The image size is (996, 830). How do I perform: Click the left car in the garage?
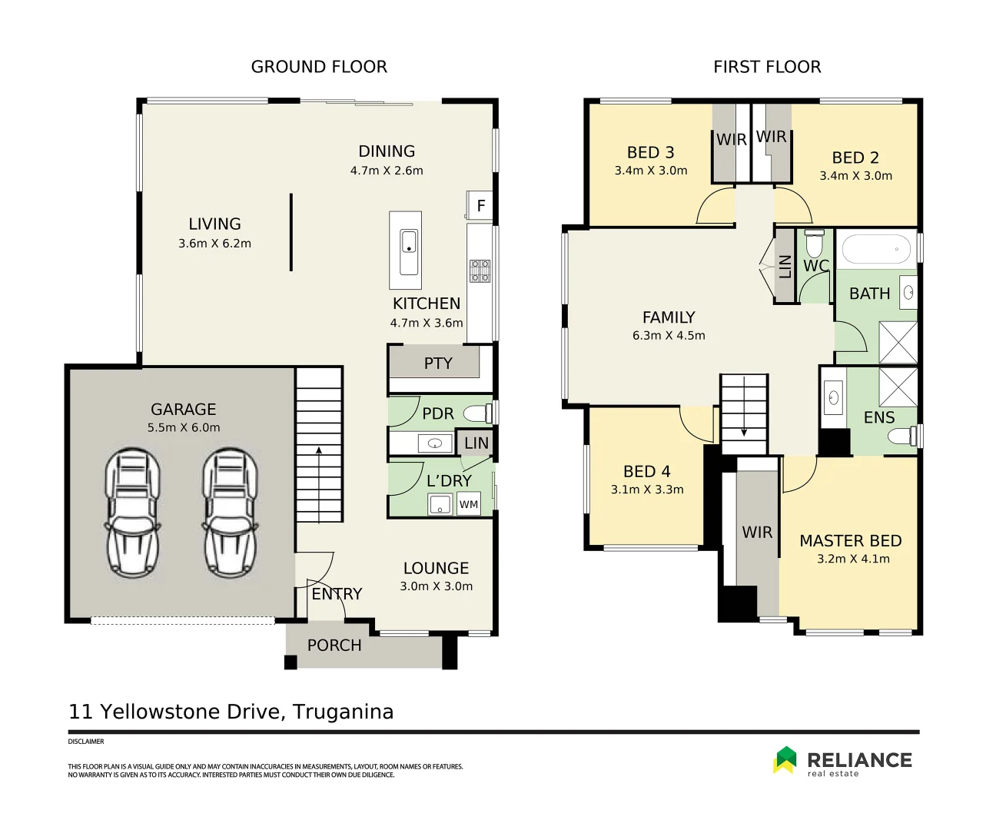click(x=133, y=513)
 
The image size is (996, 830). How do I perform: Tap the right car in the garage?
click(x=230, y=513)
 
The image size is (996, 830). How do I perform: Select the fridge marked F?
click(x=480, y=206)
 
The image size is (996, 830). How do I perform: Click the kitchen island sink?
click(x=409, y=251)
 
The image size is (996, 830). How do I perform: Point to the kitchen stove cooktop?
click(x=480, y=271)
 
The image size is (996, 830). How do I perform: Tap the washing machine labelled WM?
click(x=469, y=504)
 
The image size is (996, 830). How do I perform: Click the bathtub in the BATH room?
click(x=876, y=249)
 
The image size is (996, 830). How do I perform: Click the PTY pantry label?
click(x=438, y=364)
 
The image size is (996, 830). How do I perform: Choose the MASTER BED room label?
click(x=850, y=541)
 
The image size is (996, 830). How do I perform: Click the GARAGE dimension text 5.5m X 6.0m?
click(x=184, y=428)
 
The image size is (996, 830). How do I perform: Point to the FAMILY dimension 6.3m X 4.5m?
click(x=669, y=336)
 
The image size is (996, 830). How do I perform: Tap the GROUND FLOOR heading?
click(x=319, y=67)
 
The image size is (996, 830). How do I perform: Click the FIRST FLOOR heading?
click(x=767, y=67)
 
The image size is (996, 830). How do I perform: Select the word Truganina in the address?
click(x=343, y=712)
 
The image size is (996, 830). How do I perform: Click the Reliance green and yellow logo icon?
click(x=785, y=759)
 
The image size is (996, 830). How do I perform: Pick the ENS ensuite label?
click(x=879, y=417)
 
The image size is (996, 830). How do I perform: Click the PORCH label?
click(x=334, y=646)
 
